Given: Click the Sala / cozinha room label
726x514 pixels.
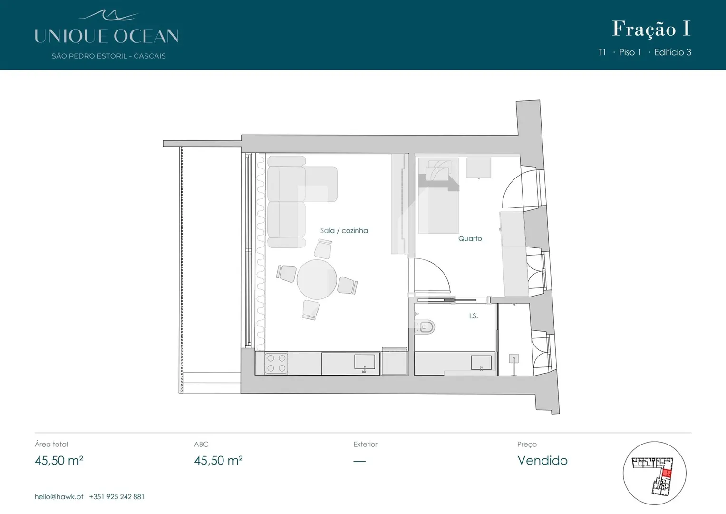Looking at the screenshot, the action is [x=344, y=231].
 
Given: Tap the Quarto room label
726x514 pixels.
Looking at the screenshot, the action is [x=470, y=238].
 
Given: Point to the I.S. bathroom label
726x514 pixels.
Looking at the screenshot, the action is [x=473, y=316].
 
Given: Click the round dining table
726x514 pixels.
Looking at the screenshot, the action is [x=317, y=279].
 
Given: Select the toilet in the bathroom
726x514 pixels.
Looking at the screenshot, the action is [x=425, y=327].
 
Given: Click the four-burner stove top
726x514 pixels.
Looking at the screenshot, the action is [x=276, y=364].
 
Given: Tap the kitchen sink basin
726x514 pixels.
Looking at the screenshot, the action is [x=365, y=362].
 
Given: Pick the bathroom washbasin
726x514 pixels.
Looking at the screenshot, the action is [x=481, y=363].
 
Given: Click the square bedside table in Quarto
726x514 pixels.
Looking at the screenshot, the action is [x=479, y=168].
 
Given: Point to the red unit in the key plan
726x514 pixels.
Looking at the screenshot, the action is [x=667, y=473].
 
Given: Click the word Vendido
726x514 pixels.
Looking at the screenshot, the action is [x=542, y=461].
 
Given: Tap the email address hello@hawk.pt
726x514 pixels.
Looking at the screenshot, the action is [x=59, y=497].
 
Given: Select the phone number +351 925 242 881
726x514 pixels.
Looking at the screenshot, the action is [x=116, y=497].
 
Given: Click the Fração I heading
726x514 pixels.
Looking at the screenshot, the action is [x=651, y=29].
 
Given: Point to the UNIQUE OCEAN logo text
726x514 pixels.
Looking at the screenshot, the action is [x=106, y=36].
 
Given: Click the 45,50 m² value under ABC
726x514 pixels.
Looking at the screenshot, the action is [x=218, y=461].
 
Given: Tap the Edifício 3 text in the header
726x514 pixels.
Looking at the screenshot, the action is [x=673, y=52].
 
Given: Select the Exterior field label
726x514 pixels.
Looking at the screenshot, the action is [x=365, y=444].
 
